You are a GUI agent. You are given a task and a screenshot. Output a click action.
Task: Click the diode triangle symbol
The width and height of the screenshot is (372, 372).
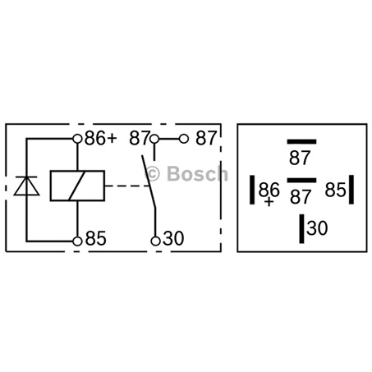coord(26,186)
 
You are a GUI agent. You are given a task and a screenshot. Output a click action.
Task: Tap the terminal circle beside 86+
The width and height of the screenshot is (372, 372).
coord(78,139)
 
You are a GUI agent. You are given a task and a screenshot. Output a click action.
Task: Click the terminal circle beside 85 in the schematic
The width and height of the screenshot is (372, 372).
coord(78,241)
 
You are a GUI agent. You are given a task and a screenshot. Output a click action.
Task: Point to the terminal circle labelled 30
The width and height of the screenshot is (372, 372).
coord(155,241)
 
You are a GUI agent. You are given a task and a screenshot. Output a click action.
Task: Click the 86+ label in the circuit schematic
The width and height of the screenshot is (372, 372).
coord(100,138)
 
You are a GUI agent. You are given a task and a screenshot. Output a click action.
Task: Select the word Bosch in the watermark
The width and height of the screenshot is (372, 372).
coord(197,174)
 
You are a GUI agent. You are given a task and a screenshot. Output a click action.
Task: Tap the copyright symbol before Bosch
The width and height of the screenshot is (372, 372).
coord(152,174)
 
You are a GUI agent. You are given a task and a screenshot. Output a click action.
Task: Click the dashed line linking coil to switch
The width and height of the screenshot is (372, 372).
coord(127,186)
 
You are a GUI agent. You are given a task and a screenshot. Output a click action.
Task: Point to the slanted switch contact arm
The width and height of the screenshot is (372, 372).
coord(149,181)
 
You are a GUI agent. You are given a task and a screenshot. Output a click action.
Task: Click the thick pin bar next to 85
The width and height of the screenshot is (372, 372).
coord(351,190)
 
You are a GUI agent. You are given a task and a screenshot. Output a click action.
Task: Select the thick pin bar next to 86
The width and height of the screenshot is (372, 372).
coord(252,190)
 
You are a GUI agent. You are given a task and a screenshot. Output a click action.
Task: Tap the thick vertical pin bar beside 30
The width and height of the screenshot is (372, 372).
coord(301,228)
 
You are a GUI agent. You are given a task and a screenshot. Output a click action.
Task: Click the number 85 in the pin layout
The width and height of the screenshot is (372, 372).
coord(335,190)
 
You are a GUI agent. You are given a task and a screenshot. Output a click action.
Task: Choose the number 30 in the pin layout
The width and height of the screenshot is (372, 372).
coord(317,228)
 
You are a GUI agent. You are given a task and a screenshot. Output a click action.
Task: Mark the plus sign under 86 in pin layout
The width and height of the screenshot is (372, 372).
coord(269,202)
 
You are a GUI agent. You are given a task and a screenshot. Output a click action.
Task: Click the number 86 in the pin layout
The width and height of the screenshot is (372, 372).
coord(269,189)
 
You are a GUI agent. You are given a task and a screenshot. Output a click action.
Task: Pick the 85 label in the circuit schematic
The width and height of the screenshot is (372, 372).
coord(95,238)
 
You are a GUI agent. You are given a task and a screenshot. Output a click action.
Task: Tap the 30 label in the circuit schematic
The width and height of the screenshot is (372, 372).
coord(173,238)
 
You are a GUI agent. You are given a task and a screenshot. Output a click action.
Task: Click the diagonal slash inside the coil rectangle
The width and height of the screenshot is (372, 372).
coord(77,186)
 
